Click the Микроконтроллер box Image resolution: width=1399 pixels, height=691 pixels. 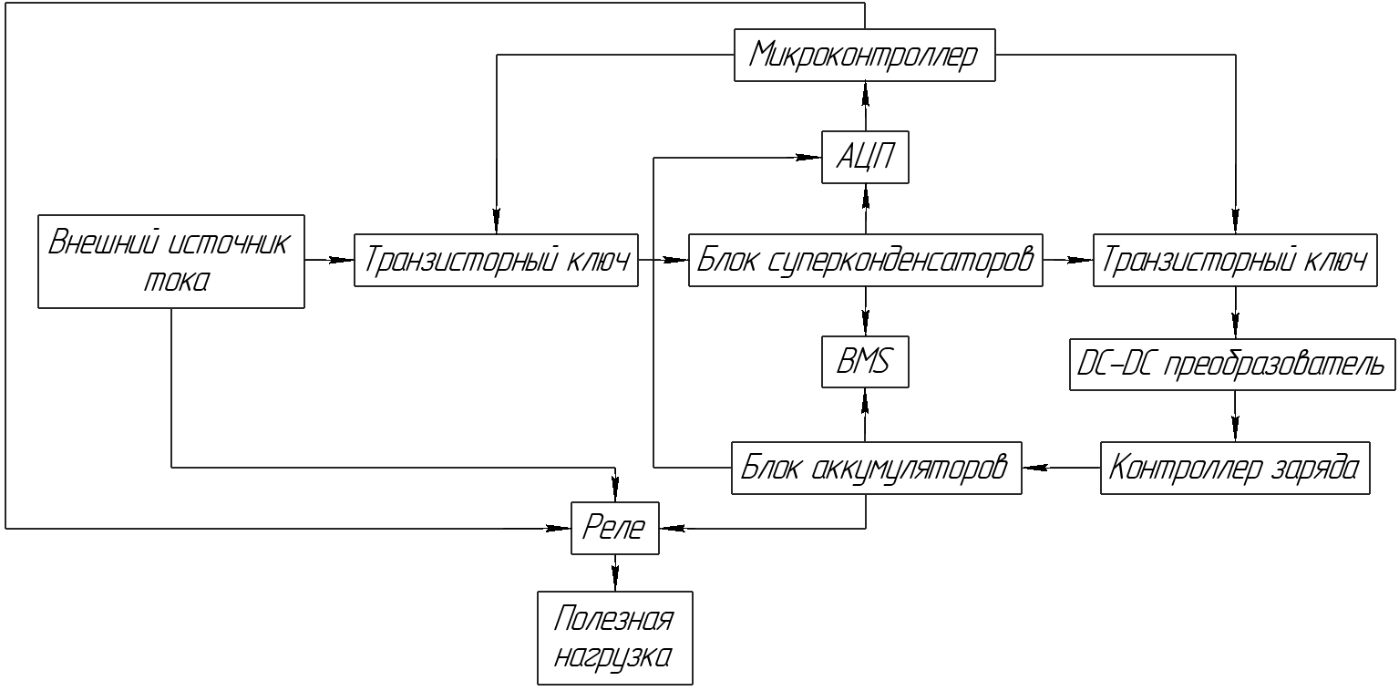pyautogui.click(x=864, y=57)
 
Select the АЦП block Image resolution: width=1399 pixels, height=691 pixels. pyautogui.click(x=864, y=159)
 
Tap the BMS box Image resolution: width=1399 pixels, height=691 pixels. pyautogui.click(x=864, y=363)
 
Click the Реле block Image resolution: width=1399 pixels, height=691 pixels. pyautogui.click(x=614, y=527)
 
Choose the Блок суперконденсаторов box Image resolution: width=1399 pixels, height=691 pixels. pyautogui.click(x=864, y=262)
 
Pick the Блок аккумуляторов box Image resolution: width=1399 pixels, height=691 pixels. pyautogui.click(x=876, y=468)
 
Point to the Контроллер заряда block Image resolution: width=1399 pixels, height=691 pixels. pyautogui.click(x=1235, y=468)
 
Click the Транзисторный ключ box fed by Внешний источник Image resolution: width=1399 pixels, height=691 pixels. pyautogui.click(x=496, y=262)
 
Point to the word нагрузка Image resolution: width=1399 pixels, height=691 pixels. pyautogui.click(x=615, y=656)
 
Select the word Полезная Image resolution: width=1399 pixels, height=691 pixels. pyautogui.click(x=614, y=620)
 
